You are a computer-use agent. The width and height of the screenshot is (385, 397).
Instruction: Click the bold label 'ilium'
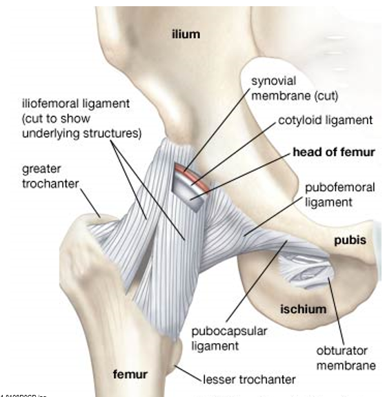coord(186,34)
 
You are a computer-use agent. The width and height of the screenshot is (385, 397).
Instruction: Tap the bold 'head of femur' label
coord(334,152)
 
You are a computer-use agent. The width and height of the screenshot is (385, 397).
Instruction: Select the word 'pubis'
coord(350,240)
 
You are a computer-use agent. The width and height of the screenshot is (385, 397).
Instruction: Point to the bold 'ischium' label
coord(303,309)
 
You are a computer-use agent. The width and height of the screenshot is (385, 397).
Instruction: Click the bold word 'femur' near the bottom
coord(130,374)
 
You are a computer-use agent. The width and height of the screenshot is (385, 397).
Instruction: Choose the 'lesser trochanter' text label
coord(249,380)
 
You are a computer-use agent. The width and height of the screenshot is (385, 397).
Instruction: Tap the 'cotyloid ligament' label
coord(325,120)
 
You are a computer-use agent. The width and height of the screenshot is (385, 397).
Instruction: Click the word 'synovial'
coord(273,81)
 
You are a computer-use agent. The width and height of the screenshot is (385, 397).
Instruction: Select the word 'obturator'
coord(342,351)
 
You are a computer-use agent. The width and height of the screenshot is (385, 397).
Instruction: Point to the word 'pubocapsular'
coord(229,331)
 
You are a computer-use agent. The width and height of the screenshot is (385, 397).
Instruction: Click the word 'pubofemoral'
coord(339,188)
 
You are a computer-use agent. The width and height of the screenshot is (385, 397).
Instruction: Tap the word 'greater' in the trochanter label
coord(41,169)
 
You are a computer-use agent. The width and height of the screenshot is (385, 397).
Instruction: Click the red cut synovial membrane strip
coord(192,176)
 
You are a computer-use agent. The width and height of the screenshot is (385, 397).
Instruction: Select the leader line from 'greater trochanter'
coord(90,202)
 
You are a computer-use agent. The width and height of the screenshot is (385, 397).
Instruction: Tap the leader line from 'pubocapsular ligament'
coord(257,281)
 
